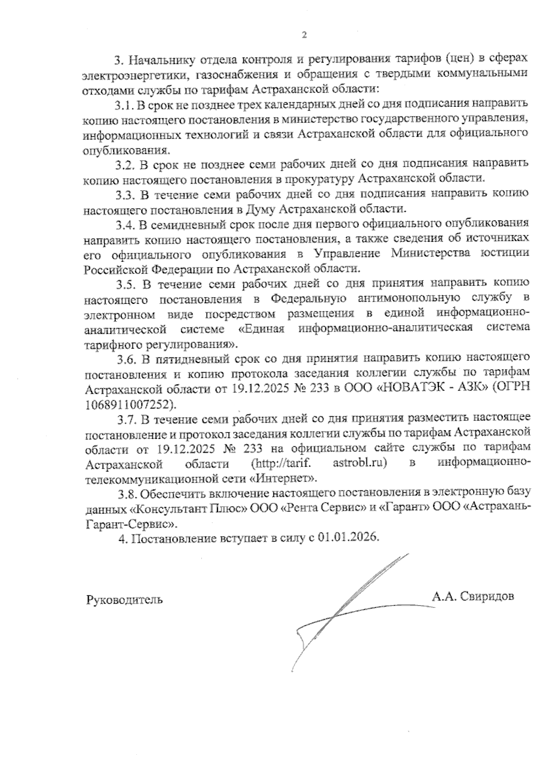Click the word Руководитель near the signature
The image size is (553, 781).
124,600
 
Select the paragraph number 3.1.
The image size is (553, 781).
124,105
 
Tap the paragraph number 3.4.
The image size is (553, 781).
125,225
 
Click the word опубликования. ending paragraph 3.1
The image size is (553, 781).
126,150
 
